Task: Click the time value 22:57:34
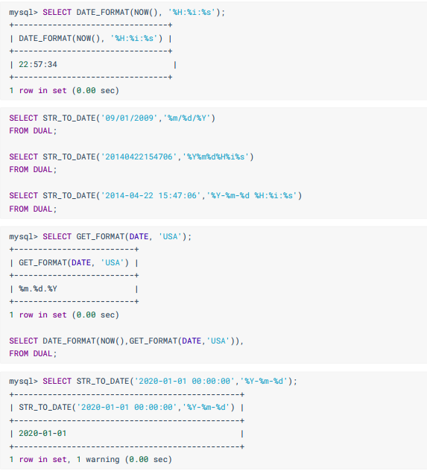(x=38, y=64)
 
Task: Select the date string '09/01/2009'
(x=130, y=118)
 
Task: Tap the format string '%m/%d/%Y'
(x=187, y=118)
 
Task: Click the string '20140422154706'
(x=139, y=157)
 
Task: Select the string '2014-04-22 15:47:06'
(x=151, y=195)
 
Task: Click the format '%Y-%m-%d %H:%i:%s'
(x=252, y=195)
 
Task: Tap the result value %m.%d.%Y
(x=38, y=289)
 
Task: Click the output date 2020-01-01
(x=42, y=433)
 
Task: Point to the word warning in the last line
(x=102, y=460)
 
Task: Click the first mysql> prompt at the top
(x=23, y=13)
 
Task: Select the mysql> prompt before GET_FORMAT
(x=23, y=237)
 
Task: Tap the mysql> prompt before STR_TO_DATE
(x=23, y=381)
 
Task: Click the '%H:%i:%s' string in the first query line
(x=192, y=13)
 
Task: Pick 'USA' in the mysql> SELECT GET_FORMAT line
(x=170, y=237)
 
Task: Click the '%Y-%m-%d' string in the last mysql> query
(x=264, y=381)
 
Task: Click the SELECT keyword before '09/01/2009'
(x=23, y=118)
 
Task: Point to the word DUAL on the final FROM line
(x=42, y=353)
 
